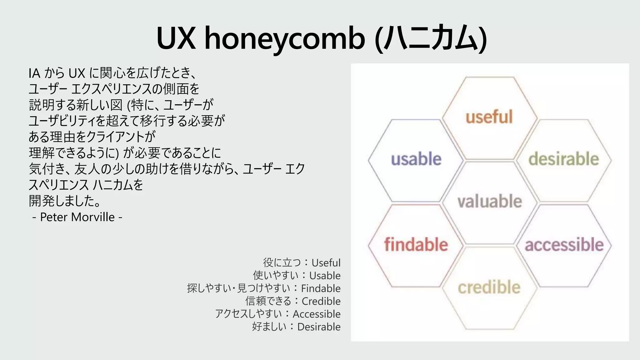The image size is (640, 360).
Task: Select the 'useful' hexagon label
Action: pos(489,117)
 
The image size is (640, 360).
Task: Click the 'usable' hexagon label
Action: pos(416,159)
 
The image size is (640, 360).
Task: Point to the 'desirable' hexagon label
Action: pos(563,159)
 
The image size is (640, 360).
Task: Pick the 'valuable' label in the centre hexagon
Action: pos(490,201)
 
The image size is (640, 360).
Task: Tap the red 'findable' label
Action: pos(416,244)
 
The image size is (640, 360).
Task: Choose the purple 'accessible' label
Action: pos(564,244)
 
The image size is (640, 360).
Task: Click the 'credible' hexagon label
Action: pos(489,287)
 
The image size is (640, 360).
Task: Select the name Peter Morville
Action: pos(77,217)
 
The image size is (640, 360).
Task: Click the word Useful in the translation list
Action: pos(326,263)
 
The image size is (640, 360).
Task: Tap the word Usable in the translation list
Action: pos(325,276)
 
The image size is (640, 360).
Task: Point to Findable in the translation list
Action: pos(321,288)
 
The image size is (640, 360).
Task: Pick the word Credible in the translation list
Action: pos(321,301)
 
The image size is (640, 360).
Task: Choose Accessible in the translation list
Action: pos(317,314)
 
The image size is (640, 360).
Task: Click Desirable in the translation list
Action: pos(319,327)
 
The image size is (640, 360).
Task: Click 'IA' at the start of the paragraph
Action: pos(34,73)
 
